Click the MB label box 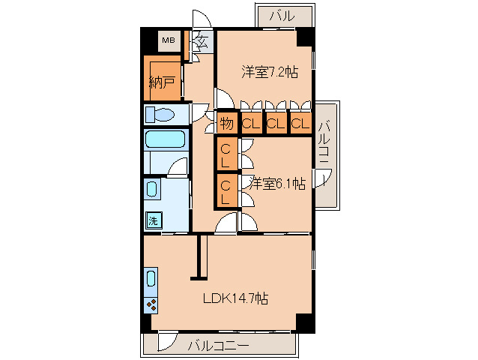(x=169, y=40)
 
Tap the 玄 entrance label (x=202, y=39)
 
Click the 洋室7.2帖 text (x=269, y=72)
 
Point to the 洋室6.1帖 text (x=277, y=183)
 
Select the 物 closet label (x=226, y=124)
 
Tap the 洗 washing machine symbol (x=153, y=220)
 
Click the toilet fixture (x=160, y=115)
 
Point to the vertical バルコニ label (x=324, y=144)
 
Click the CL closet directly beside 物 (x=250, y=124)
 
